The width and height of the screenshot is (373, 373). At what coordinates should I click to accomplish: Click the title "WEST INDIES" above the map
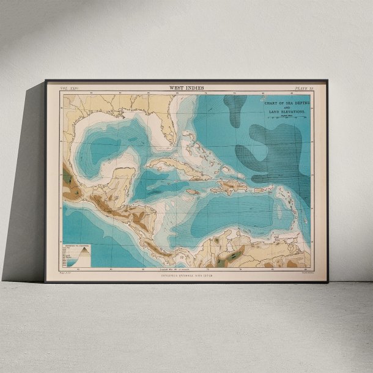(x=186, y=88)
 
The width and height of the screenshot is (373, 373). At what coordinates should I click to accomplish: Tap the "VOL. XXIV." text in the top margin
(x=68, y=89)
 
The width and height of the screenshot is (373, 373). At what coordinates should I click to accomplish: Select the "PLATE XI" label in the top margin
(x=303, y=89)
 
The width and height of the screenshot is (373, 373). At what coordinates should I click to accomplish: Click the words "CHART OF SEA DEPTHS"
(x=285, y=104)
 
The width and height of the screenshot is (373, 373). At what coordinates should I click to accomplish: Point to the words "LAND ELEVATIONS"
(x=285, y=114)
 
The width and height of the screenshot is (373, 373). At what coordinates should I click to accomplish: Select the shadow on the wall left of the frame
(x=28, y=183)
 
